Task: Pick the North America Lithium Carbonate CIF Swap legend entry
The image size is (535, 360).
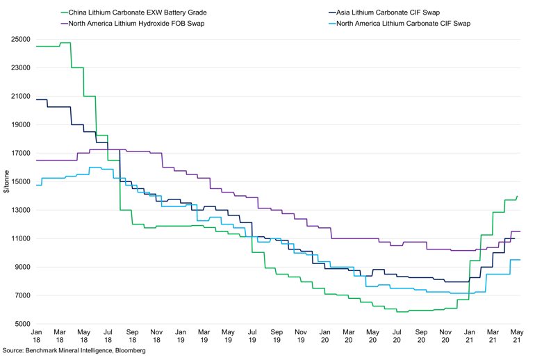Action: [403, 23]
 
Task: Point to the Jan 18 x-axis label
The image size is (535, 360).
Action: [35, 337]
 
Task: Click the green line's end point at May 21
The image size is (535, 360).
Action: [518, 196]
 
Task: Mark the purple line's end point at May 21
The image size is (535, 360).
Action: [520, 231]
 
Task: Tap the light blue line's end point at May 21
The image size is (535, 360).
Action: [520, 260]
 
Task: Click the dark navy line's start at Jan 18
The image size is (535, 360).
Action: [35, 99]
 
